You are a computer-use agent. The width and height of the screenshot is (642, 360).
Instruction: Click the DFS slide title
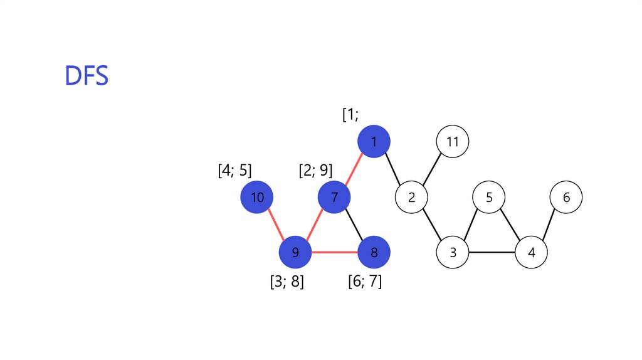click(87, 75)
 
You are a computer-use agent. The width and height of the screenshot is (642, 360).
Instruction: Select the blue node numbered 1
click(374, 142)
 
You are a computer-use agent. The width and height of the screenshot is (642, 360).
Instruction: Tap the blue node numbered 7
click(335, 198)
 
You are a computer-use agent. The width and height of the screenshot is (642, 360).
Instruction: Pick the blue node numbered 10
click(257, 198)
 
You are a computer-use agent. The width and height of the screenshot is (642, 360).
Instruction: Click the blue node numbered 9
click(295, 253)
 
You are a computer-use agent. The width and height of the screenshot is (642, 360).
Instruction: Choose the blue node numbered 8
click(374, 253)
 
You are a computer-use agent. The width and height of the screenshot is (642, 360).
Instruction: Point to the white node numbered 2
click(412, 198)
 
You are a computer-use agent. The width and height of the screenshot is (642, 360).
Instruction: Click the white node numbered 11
click(453, 142)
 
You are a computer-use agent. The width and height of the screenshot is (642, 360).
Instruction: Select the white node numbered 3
click(453, 253)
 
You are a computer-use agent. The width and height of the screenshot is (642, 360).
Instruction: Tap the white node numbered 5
click(490, 198)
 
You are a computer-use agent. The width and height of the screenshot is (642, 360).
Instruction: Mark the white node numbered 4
click(532, 253)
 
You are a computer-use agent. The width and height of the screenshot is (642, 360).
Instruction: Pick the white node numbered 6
click(566, 198)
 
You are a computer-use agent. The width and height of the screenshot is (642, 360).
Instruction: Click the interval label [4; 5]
click(234, 171)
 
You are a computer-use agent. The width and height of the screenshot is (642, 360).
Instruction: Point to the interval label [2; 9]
click(315, 171)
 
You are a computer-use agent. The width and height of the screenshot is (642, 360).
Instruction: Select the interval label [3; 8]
click(287, 282)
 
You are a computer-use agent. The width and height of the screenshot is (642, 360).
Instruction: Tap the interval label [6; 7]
click(365, 282)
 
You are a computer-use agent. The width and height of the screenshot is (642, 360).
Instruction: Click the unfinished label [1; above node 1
click(350, 115)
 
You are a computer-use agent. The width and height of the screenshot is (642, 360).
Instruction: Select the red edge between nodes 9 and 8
click(335, 253)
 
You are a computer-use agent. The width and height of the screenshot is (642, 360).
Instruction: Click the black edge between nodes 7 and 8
click(354, 225)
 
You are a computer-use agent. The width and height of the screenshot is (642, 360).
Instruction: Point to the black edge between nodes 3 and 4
click(492, 253)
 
